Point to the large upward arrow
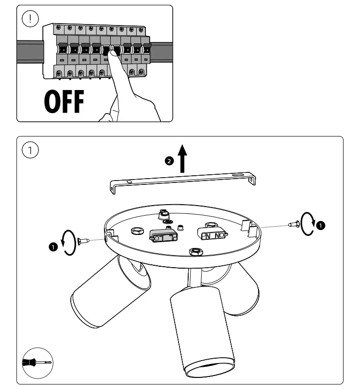tap(183, 159)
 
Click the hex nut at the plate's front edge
tap(194, 251)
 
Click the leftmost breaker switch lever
tap(63, 49)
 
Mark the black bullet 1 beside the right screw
tap(321, 225)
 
